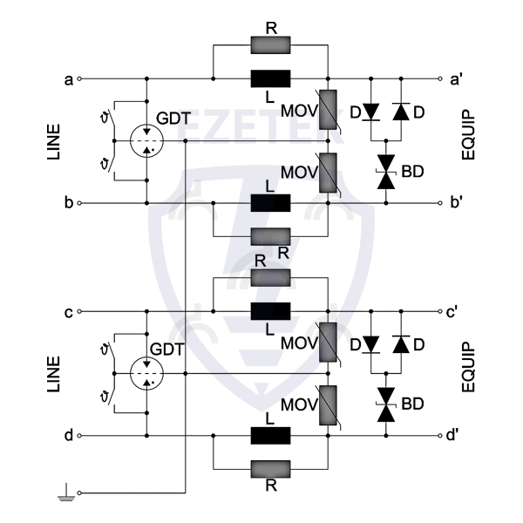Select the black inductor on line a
(270, 78)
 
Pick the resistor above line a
(270, 44)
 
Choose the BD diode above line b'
(384, 170)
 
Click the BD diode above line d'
(384, 404)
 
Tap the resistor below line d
(270, 469)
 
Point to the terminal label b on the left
(67, 203)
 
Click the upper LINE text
(51, 139)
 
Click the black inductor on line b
(270, 202)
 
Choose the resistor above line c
(270, 278)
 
